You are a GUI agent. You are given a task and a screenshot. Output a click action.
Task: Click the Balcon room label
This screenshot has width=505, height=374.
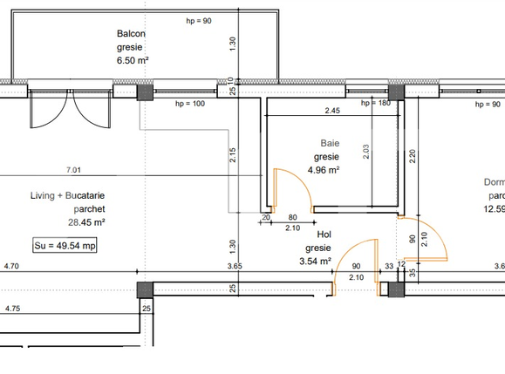(132, 34)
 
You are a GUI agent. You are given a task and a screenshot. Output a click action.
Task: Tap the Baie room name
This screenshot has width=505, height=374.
(330, 143)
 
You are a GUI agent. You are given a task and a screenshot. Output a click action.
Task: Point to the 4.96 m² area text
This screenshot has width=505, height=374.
(324, 170)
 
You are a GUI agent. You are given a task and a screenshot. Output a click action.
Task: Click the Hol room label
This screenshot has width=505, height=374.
(324, 235)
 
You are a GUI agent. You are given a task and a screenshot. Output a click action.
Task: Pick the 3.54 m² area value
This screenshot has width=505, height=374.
(315, 260)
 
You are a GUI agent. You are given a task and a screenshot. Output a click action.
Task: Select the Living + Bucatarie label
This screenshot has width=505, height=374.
(66, 196)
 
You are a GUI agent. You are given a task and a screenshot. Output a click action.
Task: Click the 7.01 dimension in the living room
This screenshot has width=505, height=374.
(72, 169)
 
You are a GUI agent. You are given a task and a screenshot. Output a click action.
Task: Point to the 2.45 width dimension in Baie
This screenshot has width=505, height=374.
(332, 111)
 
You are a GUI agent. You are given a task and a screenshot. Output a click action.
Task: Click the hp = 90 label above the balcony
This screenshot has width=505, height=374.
(199, 20)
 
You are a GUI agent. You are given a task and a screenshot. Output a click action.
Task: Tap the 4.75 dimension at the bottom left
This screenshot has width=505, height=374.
(12, 309)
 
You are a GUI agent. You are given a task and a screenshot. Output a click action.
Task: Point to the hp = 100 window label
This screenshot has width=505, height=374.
(189, 103)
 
